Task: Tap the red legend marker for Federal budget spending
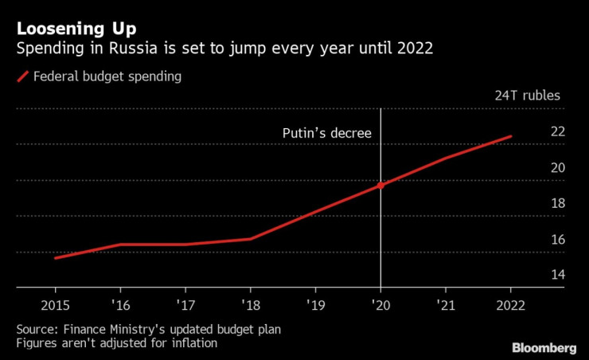(21, 78)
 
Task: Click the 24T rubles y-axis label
(527, 96)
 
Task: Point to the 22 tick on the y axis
(558, 131)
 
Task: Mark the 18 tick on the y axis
(558, 203)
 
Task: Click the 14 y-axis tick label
(558, 275)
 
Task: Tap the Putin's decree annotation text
(327, 133)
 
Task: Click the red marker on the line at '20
(380, 185)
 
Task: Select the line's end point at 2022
(510, 136)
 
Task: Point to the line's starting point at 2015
(54, 258)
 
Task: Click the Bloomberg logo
(544, 348)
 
